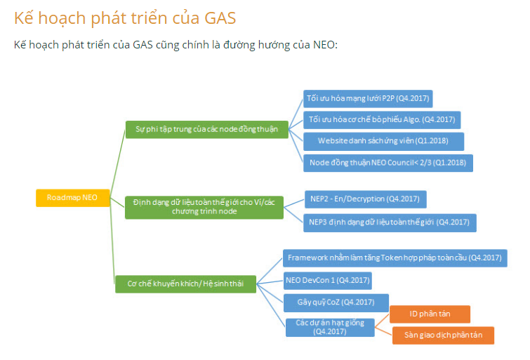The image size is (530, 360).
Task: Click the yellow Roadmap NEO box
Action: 73,198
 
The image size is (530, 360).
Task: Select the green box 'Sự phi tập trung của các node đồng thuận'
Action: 207,129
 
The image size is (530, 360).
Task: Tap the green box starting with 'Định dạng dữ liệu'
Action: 204,207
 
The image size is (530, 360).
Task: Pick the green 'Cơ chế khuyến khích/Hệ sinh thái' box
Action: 185,284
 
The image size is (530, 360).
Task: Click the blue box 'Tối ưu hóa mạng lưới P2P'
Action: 368,99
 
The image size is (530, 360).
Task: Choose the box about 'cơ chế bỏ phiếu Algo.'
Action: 382,120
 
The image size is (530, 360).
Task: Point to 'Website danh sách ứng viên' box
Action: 384,141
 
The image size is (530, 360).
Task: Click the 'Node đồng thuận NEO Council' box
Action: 388,163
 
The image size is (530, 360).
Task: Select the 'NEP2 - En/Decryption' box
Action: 365,199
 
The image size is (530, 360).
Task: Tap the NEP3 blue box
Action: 390,222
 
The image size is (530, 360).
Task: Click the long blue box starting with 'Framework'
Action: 395,258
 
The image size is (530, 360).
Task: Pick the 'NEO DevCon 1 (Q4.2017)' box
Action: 328,281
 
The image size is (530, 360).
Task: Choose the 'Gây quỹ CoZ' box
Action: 336,302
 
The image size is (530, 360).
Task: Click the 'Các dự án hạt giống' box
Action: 330,327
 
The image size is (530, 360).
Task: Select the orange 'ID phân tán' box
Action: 430,314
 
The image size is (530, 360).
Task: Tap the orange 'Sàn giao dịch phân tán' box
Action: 443,335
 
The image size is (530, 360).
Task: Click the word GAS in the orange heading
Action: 220,18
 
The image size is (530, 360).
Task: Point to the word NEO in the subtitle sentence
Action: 324,45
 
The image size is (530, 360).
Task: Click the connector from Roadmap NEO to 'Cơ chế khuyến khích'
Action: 112,241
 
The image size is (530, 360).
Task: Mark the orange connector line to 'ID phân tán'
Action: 383,321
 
